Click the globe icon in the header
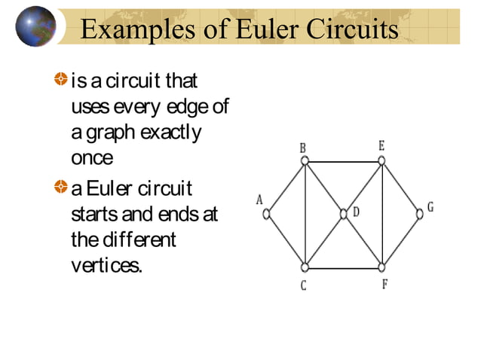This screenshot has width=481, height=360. tap(35, 26)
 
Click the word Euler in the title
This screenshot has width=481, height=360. tap(264, 29)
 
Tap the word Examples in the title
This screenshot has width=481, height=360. tap(135, 29)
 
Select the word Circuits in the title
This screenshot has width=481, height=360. tap(350, 29)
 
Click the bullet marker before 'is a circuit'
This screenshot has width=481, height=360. tap(60, 78)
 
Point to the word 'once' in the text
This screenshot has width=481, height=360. tap(91, 158)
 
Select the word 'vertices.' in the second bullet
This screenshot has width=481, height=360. tap(106, 266)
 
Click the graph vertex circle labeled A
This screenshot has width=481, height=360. tap(266, 214)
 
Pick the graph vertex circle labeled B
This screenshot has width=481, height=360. tap(304, 160)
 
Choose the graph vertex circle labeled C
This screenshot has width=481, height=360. tap(305, 267)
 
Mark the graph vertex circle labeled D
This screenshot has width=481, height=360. tap(344, 214)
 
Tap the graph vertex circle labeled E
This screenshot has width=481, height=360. tap(382, 160)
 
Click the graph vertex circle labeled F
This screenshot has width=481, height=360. tap(383, 267)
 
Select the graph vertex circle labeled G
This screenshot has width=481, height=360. tap(420, 214)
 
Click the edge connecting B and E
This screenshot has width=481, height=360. tap(343, 161)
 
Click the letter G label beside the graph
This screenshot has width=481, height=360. tap(430, 206)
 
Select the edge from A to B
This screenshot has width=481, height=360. tap(285, 187)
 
